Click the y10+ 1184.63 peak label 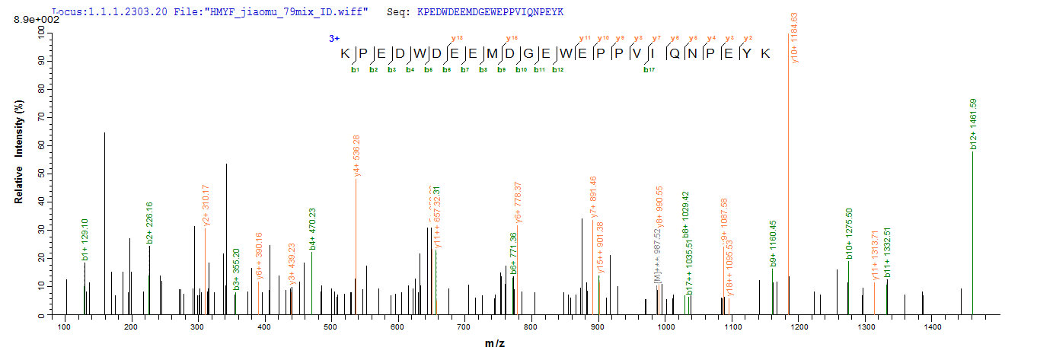pos(795,38)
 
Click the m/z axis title pos(495,344)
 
